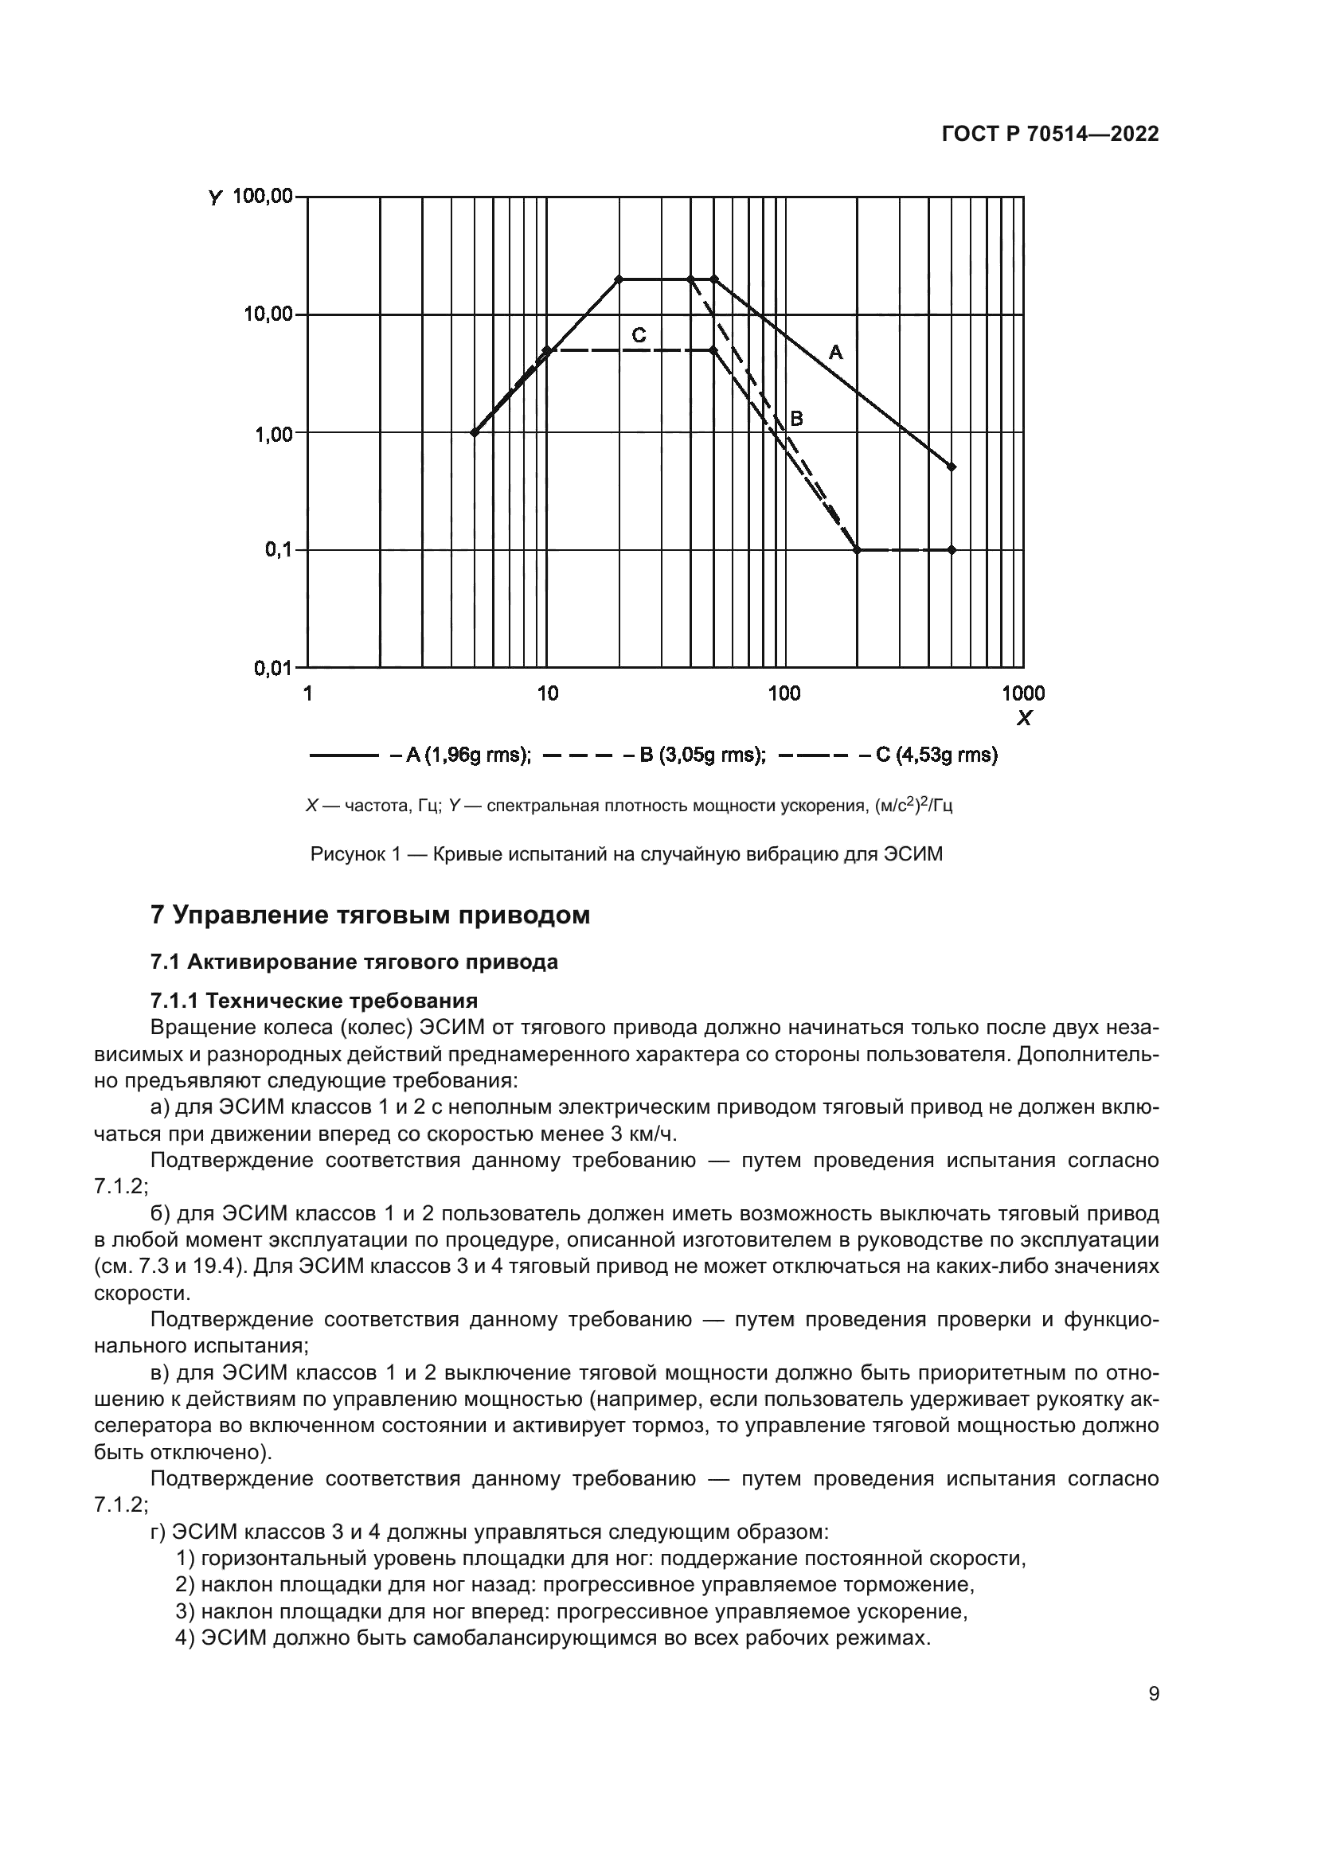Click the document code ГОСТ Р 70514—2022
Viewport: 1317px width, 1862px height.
pyautogui.click(x=1050, y=134)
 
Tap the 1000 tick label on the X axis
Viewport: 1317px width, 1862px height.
pyautogui.click(x=1022, y=693)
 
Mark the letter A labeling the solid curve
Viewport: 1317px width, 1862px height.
pyautogui.click(x=836, y=352)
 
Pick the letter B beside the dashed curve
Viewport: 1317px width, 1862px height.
pyautogui.click(x=796, y=419)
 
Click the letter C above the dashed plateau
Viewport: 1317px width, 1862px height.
pyautogui.click(x=639, y=334)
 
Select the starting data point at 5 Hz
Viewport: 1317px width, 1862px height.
pyautogui.click(x=475, y=432)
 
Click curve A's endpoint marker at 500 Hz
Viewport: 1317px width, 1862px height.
pyautogui.click(x=952, y=467)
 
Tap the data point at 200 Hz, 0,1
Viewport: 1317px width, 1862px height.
pyautogui.click(x=858, y=550)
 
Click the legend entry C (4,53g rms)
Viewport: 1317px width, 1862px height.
pyautogui.click(x=888, y=755)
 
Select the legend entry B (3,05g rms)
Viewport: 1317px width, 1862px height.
pyautogui.click(x=654, y=755)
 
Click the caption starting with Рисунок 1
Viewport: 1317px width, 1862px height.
pyautogui.click(x=627, y=855)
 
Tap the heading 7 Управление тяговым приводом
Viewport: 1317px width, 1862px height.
pyautogui.click(x=369, y=915)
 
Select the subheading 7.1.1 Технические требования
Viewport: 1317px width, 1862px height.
pyautogui.click(x=314, y=1001)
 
